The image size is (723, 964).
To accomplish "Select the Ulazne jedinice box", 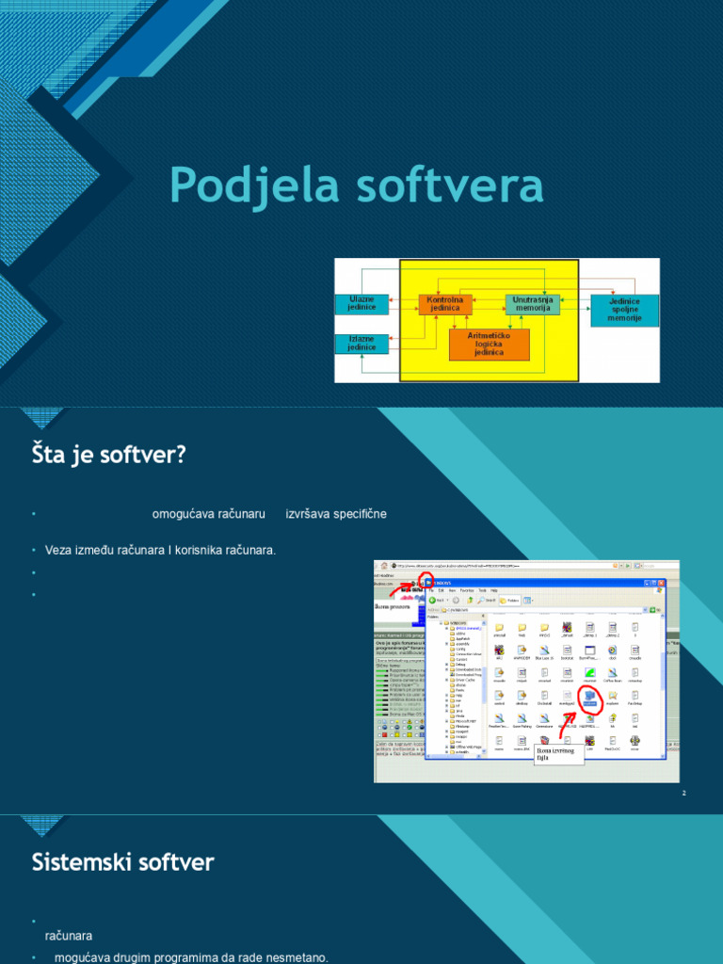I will click(x=361, y=303).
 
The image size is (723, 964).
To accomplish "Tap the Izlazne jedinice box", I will click(x=361, y=344).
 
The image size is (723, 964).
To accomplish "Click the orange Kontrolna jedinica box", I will click(x=444, y=303).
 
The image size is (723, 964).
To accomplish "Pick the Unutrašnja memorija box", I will click(x=532, y=303).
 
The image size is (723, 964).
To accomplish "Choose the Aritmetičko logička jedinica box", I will click(x=489, y=344).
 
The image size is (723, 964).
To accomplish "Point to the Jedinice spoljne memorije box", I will click(x=624, y=310).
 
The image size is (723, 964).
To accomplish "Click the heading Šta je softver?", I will click(x=109, y=455).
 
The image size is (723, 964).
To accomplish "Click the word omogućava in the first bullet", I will click(x=183, y=514).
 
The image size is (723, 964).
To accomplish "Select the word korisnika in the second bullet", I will click(x=201, y=550).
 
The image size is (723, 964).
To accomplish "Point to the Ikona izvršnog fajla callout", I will click(x=558, y=753).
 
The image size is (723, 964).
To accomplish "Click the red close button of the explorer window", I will click(x=659, y=583).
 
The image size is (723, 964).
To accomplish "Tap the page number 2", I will click(x=684, y=795).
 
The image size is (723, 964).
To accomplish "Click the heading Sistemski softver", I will click(x=122, y=860).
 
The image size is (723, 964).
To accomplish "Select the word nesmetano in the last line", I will click(x=297, y=957).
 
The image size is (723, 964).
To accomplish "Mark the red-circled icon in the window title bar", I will click(x=427, y=583).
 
